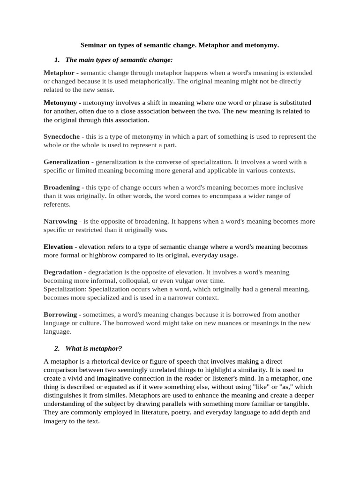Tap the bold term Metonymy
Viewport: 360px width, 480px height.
[60, 103]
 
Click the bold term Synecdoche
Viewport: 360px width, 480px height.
[62, 136]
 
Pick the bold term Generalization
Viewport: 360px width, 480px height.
[66, 162]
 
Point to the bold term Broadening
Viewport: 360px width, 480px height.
[61, 187]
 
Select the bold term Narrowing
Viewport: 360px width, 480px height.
[60, 221]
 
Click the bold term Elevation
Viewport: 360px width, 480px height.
[58, 247]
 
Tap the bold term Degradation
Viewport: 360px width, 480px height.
[63, 272]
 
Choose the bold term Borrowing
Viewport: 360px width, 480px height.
[60, 315]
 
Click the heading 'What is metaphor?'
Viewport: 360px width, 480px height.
[93, 348]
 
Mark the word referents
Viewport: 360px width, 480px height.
[57, 204]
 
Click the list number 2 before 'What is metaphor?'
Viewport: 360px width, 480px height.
[57, 348]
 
